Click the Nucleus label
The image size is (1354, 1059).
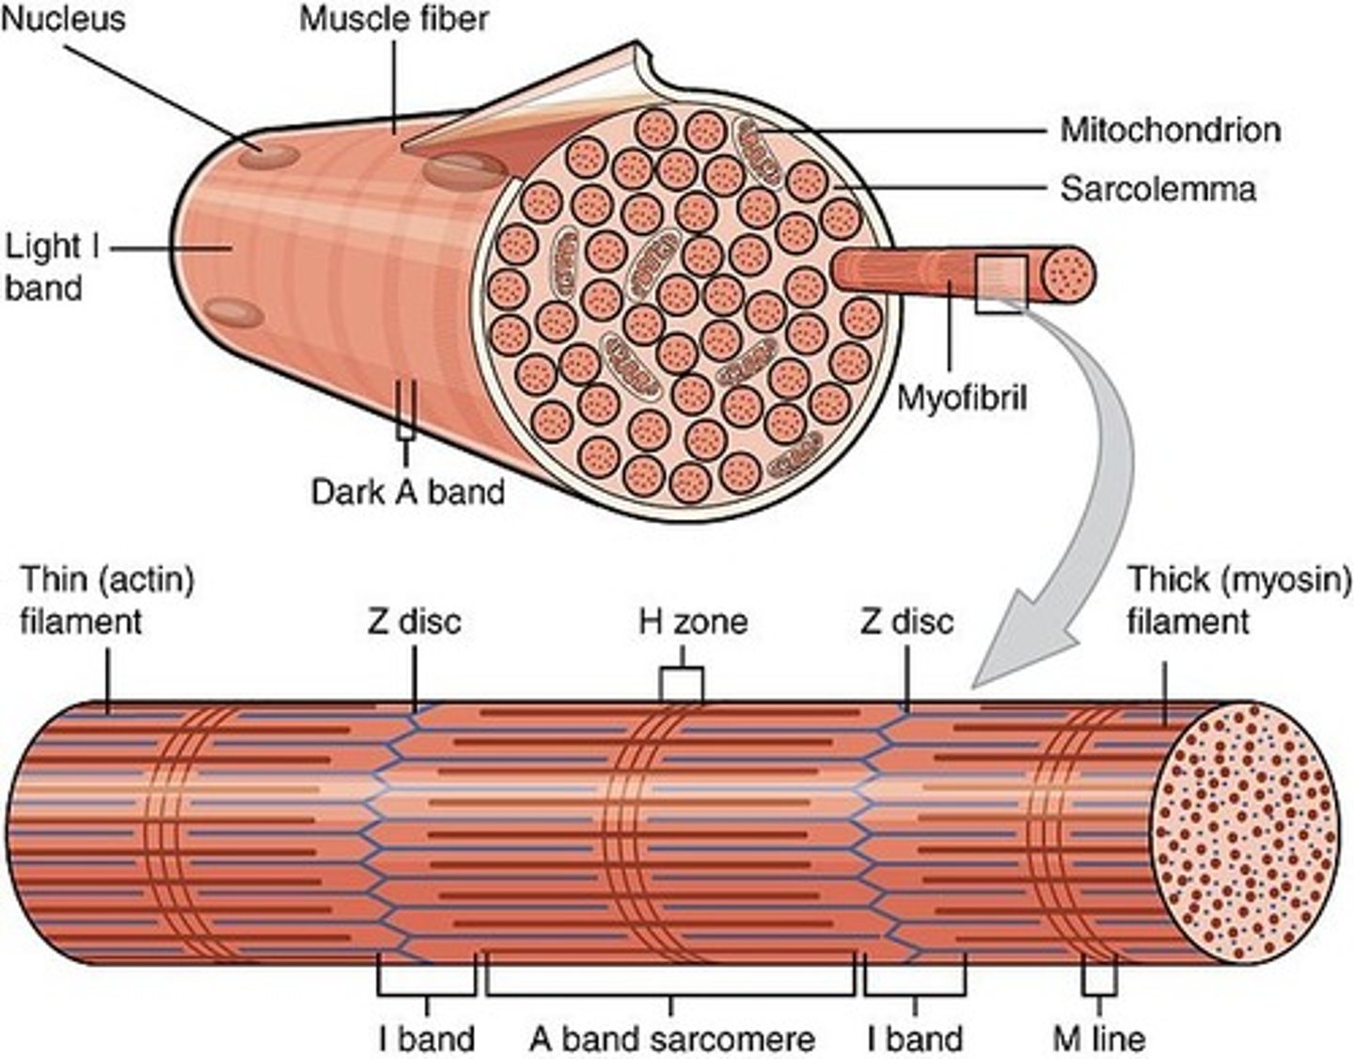[x=62, y=20]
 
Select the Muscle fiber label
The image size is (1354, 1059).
[x=394, y=20]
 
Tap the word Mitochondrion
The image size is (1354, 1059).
[x=1170, y=129]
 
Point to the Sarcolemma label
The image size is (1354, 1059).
[x=1157, y=188]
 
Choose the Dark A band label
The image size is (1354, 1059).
[x=407, y=491]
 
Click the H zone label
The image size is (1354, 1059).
[x=693, y=621]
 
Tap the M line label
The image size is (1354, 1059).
[x=1099, y=1038]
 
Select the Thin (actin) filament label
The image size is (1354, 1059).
[x=106, y=600]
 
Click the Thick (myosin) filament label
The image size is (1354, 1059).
[x=1238, y=600]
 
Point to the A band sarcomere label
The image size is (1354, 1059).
[x=671, y=1038]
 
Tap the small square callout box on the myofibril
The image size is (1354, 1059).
[x=999, y=285]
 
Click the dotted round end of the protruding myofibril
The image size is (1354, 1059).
[x=1069, y=275]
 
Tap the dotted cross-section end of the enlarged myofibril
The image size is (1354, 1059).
[x=1245, y=832]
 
